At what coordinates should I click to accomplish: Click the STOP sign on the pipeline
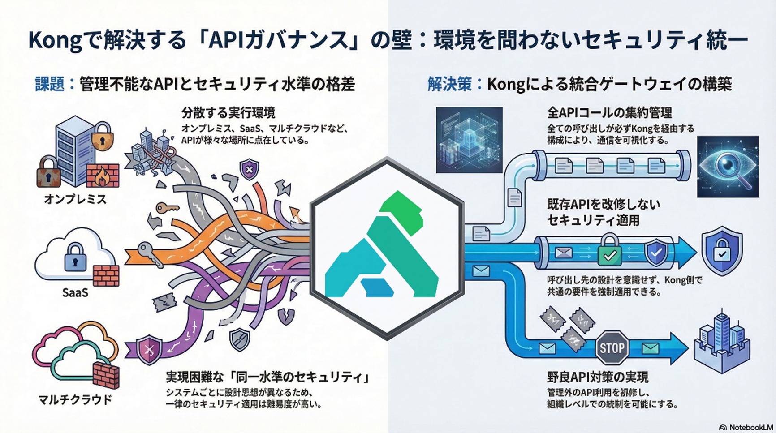(612, 347)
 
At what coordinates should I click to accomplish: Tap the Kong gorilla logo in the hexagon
(386, 248)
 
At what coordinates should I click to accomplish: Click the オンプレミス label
(75, 199)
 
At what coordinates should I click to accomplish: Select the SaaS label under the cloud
(75, 292)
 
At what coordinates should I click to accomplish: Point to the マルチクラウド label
(75, 399)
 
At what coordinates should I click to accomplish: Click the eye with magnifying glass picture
(728, 167)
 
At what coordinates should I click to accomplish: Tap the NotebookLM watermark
(746, 427)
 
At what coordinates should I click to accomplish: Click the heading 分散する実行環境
(228, 112)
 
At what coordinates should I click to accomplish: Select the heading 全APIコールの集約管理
(609, 112)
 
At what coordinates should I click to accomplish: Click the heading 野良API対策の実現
(597, 377)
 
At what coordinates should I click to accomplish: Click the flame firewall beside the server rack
(103, 175)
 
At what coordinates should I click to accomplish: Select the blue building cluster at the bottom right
(721, 343)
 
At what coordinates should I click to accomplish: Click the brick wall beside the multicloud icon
(106, 376)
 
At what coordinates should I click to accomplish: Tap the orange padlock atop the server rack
(102, 136)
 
